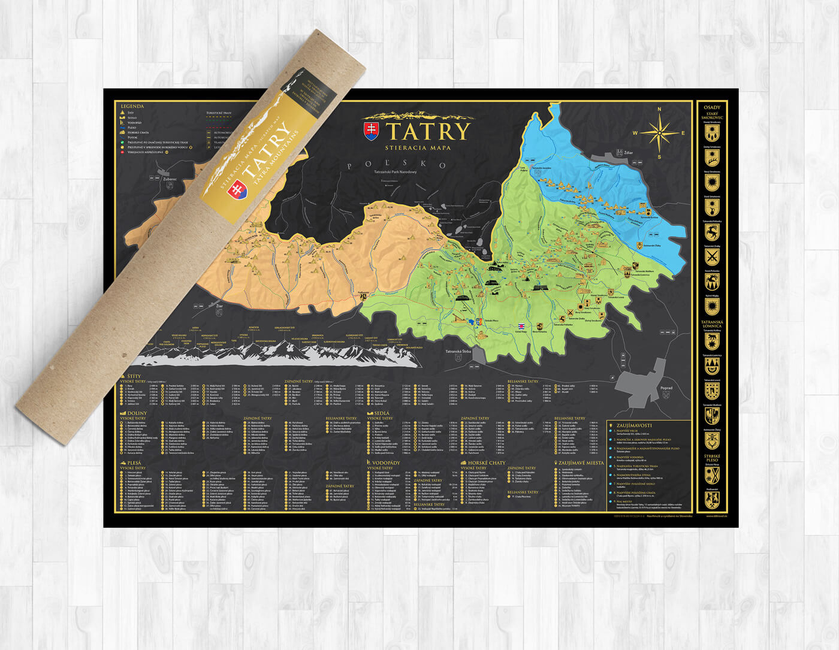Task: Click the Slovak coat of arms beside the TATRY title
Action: click(372, 131)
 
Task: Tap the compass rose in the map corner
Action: click(659, 133)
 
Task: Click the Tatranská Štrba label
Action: click(460, 352)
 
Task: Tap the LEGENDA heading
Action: click(132, 107)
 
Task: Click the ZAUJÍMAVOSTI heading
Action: click(634, 425)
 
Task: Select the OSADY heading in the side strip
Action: click(712, 108)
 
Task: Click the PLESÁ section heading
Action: click(134, 463)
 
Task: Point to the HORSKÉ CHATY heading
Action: click(486, 463)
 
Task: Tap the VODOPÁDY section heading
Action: click(385, 463)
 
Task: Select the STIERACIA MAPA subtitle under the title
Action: click(419, 147)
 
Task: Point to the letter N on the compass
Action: click(659, 110)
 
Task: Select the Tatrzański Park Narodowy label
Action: click(394, 173)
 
